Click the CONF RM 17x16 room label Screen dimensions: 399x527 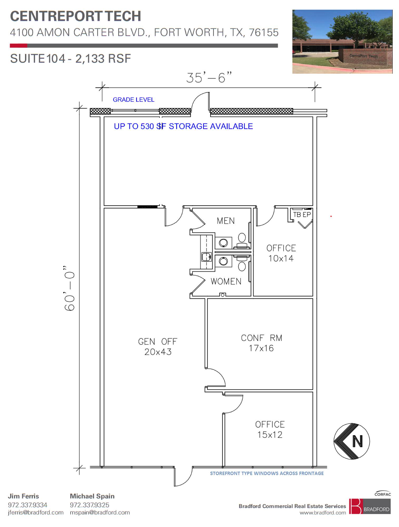point(262,343)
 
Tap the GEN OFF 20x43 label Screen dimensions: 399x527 point(158,347)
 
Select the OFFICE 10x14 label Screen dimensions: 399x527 point(281,253)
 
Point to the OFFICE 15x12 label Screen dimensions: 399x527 point(270,430)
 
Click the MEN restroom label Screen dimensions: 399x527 point(226,221)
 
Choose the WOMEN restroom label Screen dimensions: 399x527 point(226,281)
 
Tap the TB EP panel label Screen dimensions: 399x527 point(302,215)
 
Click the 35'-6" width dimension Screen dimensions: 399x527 point(209,77)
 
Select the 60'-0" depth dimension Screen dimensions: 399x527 point(70,288)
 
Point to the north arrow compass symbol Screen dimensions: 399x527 point(352,442)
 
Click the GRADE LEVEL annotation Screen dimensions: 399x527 point(134,100)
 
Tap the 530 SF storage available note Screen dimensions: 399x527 point(183,126)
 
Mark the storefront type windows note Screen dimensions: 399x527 point(267,473)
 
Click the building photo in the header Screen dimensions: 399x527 point(342,42)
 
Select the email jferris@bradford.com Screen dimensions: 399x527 point(36,513)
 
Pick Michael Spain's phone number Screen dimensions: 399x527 point(90,505)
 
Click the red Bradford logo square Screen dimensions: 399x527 point(356,506)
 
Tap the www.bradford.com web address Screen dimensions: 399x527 point(323,513)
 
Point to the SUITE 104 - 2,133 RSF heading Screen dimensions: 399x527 point(71,58)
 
